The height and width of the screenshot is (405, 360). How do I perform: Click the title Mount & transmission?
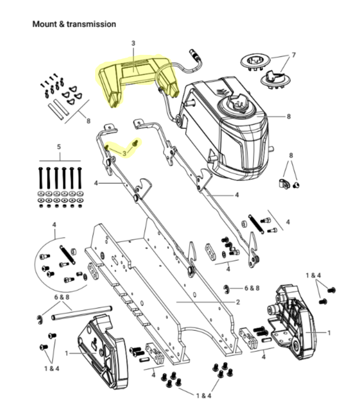click(x=74, y=24)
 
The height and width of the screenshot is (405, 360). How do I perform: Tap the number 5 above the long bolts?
click(x=59, y=147)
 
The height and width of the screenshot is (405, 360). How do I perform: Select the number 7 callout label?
click(x=294, y=56)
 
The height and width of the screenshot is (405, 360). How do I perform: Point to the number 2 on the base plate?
click(x=238, y=302)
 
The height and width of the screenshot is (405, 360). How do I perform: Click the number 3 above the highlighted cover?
click(x=134, y=43)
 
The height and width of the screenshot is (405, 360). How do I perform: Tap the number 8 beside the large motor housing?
click(x=288, y=117)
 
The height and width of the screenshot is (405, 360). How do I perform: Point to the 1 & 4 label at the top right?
click(x=314, y=275)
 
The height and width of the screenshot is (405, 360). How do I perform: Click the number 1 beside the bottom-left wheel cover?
click(x=67, y=353)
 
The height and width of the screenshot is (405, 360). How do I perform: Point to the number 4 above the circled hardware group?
click(x=55, y=225)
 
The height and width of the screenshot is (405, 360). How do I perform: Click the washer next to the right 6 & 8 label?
click(x=226, y=289)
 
